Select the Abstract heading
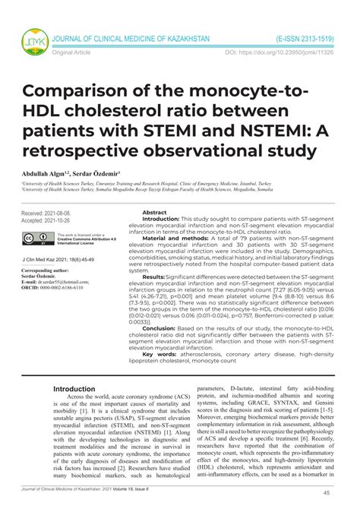pos(155,213)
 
